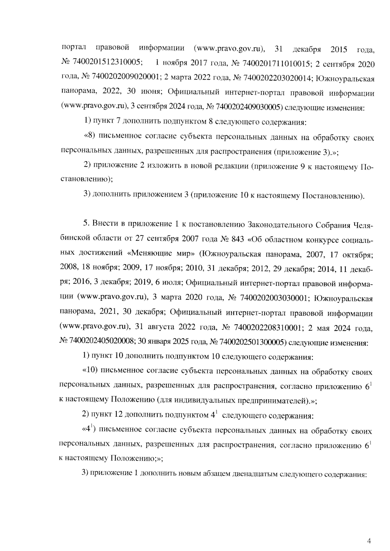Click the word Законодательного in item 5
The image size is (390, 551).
point(279,225)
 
